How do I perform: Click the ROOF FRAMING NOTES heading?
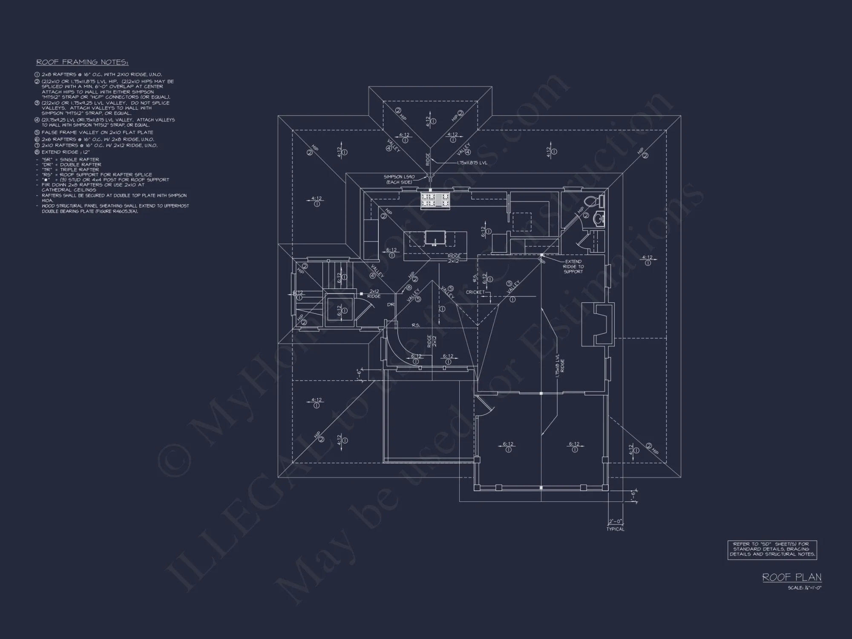[x=82, y=62]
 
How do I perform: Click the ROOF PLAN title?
[x=792, y=577]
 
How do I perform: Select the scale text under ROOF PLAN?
[x=804, y=588]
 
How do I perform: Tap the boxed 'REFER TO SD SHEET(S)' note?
[x=772, y=549]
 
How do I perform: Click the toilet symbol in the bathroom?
[x=593, y=201]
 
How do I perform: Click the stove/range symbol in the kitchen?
[x=435, y=200]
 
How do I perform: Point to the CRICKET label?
[x=475, y=292]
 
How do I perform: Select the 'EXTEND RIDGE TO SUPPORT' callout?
[x=573, y=266]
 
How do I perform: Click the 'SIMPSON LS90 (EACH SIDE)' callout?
[x=399, y=179]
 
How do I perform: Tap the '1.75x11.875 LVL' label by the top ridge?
[x=472, y=163]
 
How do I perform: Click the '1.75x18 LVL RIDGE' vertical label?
[x=559, y=365]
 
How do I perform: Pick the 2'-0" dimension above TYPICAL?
[x=616, y=521]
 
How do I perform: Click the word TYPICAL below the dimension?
[x=615, y=529]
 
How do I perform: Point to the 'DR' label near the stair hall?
[x=391, y=305]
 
